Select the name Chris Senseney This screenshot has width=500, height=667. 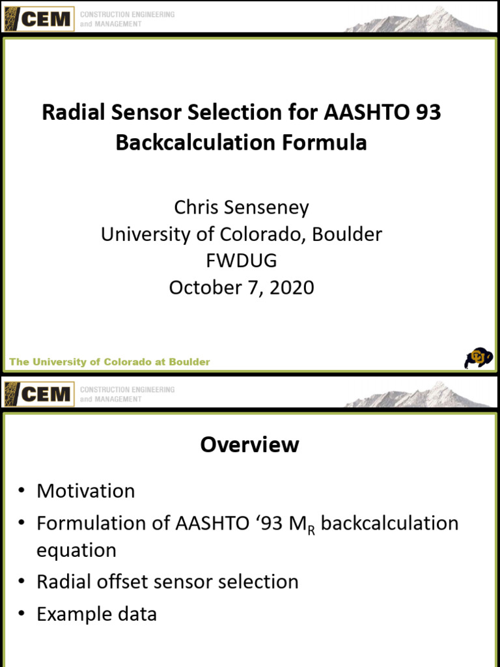tap(242, 208)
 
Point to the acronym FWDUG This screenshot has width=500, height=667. tap(242, 261)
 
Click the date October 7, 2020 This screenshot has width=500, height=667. tap(242, 287)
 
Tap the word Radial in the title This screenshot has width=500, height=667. tap(69, 113)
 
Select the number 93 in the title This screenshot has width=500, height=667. tap(426, 113)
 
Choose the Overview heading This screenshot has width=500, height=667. tap(249, 445)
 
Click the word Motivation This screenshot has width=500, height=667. tap(86, 491)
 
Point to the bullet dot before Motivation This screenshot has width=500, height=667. tap(21, 492)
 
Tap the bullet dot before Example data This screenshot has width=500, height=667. tap(21, 615)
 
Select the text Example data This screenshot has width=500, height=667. tap(97, 614)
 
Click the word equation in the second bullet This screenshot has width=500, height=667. tap(76, 550)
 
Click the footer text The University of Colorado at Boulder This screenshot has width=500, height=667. tap(109, 362)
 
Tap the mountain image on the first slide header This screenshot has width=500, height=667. tap(417, 20)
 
